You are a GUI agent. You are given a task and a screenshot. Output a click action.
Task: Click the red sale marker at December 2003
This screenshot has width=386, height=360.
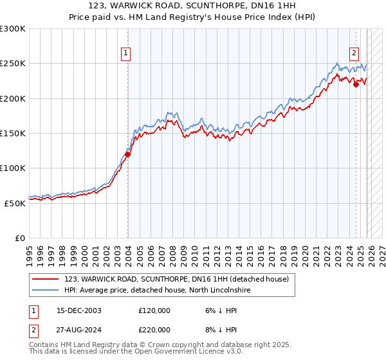127,154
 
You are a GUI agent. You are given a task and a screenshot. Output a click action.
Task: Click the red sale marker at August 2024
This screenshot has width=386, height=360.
356,84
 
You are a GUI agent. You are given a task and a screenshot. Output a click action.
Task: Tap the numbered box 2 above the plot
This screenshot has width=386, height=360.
354,53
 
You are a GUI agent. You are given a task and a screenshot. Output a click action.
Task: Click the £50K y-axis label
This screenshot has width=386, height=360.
15,203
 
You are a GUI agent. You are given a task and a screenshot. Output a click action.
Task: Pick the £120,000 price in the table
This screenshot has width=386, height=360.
154,310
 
